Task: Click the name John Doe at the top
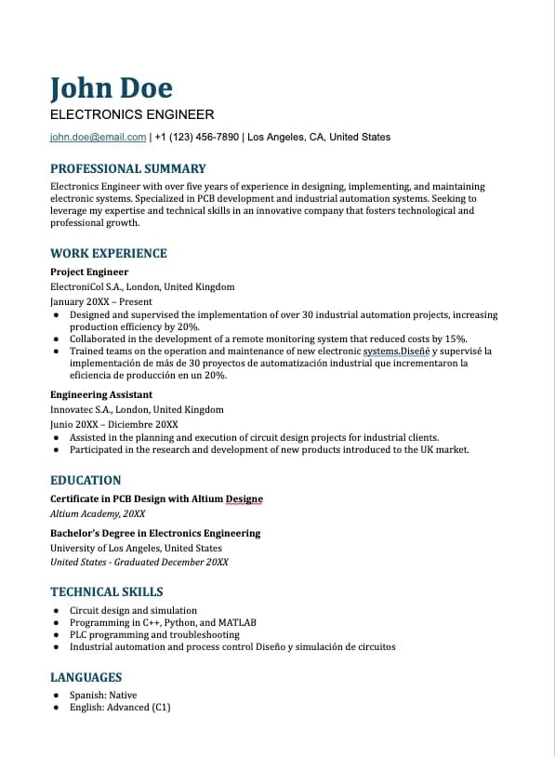pos(112,88)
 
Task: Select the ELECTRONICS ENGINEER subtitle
pos(132,115)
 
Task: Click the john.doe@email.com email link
pos(98,138)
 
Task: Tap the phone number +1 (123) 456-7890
pos(197,138)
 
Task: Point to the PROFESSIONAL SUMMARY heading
pos(127,169)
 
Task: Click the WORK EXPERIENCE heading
pos(109,253)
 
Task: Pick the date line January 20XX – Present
pos(100,302)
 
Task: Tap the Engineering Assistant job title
pos(101,395)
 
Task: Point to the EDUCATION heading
pos(86,481)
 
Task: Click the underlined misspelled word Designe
pos(244,499)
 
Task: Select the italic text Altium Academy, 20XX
pos(98,513)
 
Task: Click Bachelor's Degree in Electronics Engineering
pos(155,534)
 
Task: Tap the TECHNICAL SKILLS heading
pos(107,591)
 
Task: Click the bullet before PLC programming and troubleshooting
pos(57,635)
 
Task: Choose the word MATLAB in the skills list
pos(237,623)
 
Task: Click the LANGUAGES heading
pos(86,678)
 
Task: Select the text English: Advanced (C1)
pos(120,708)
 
